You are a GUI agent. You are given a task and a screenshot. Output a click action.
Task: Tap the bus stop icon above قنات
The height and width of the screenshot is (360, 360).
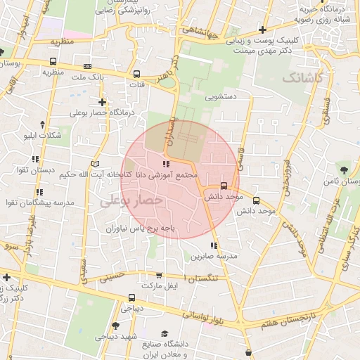click(136, 72)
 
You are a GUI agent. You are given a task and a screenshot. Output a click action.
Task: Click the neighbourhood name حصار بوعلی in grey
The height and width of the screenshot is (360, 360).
click(132, 200)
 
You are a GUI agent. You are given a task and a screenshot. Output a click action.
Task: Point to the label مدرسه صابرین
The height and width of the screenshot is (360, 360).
click(218, 257)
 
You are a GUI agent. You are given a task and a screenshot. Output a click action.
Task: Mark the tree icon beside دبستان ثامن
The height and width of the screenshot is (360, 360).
click(343, 169)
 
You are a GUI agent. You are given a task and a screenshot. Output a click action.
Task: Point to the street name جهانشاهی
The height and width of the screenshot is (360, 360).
click(201, 31)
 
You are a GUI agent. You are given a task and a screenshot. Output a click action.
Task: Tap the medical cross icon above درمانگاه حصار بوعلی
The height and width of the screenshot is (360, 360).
click(103, 102)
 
